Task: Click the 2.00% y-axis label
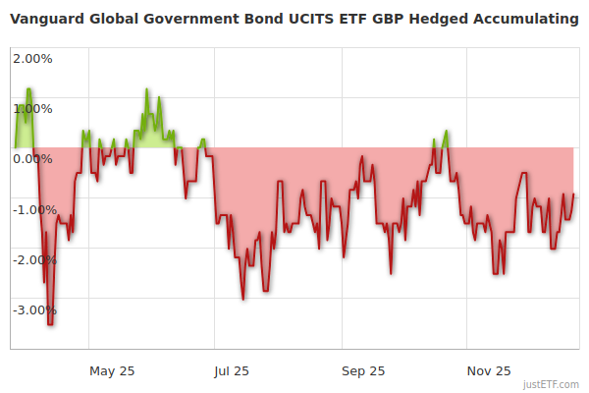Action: pyautogui.click(x=33, y=58)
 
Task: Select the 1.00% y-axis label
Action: pyautogui.click(x=33, y=108)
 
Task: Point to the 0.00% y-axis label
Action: pyautogui.click(x=33, y=158)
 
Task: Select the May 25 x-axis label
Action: pyautogui.click(x=112, y=370)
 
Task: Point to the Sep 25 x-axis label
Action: pyautogui.click(x=363, y=370)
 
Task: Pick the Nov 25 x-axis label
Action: pyautogui.click(x=489, y=370)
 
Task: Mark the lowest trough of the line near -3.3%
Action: pyautogui.click(x=50, y=323)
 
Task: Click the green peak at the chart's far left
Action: pyautogui.click(x=29, y=89)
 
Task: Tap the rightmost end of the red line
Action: pyautogui.click(x=573, y=195)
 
